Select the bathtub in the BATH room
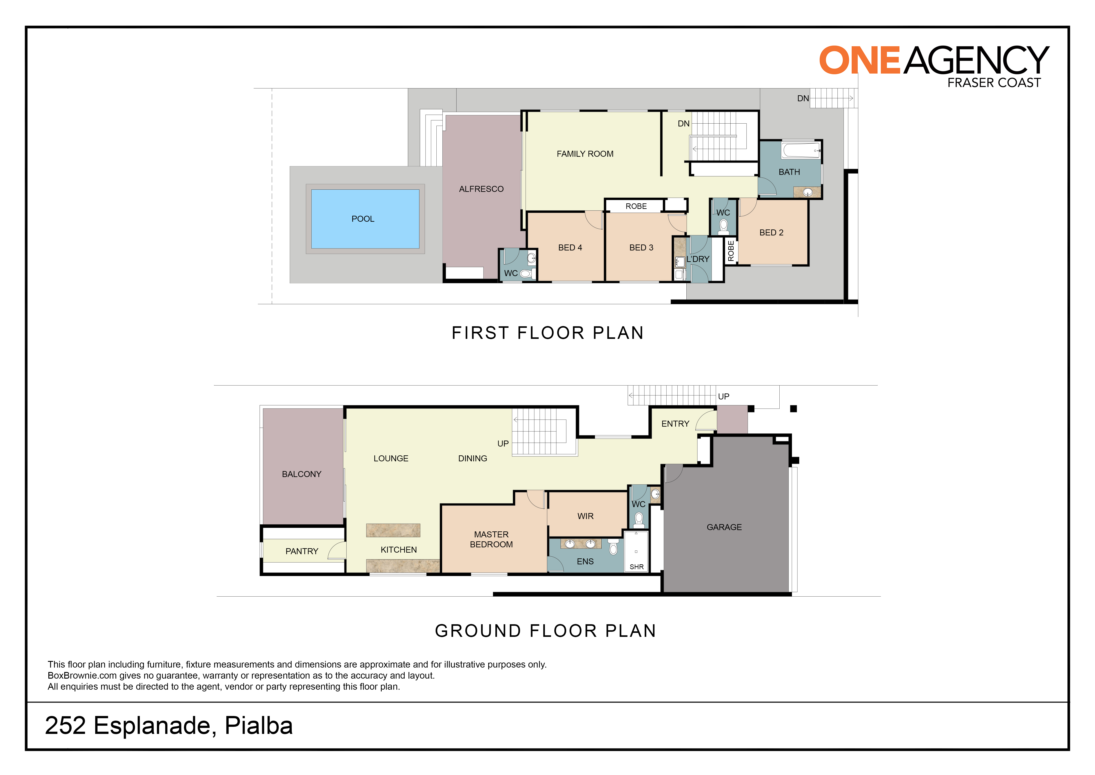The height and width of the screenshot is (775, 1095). point(801,150)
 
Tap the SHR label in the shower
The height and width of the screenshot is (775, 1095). point(637,567)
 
